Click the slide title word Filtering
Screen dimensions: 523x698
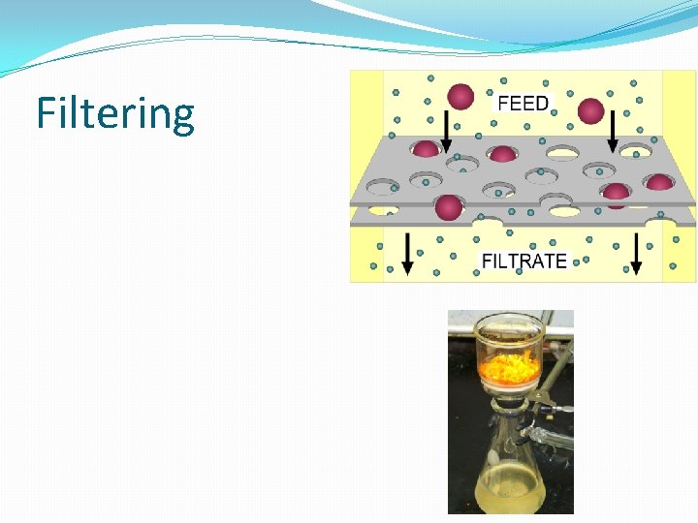pyautogui.click(x=115, y=113)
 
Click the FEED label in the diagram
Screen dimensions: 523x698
pyautogui.click(x=523, y=103)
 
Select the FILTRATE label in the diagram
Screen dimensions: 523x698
pyautogui.click(x=524, y=261)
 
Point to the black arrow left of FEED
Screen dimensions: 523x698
pyautogui.click(x=446, y=129)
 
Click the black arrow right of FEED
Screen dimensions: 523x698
pyautogui.click(x=613, y=129)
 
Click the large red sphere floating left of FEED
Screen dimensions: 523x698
pyautogui.click(x=460, y=96)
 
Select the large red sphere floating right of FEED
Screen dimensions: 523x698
pyautogui.click(x=590, y=110)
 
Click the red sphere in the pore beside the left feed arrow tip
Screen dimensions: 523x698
pyautogui.click(x=426, y=149)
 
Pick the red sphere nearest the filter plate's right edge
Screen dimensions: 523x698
pyautogui.click(x=659, y=182)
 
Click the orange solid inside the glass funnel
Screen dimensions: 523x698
pyautogui.click(x=509, y=367)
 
